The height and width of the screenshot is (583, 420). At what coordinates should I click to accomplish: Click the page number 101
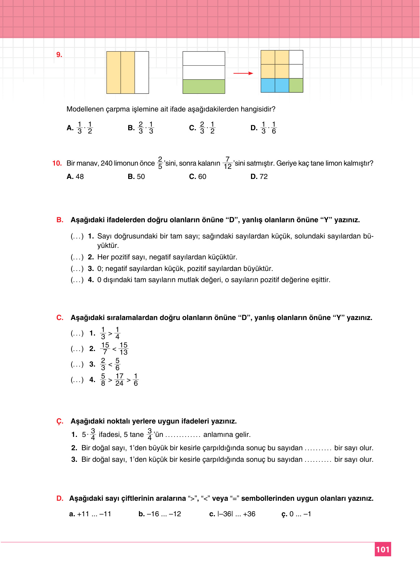click(382, 549)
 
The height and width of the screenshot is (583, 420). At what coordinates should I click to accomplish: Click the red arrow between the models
click(243, 73)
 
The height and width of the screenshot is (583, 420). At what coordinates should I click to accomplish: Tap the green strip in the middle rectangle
click(204, 87)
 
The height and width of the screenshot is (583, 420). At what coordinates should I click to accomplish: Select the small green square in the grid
click(296, 86)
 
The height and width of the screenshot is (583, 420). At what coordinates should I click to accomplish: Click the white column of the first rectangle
click(142, 73)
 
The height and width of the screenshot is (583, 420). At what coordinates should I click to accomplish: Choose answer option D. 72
click(259, 176)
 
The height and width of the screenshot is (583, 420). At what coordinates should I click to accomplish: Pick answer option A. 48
click(75, 176)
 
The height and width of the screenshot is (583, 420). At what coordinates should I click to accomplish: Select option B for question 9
click(141, 128)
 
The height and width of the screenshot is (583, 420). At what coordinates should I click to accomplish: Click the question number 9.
click(59, 55)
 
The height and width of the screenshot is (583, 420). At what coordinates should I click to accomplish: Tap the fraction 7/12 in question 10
click(227, 163)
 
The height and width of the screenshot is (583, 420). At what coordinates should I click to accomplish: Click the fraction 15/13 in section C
click(124, 349)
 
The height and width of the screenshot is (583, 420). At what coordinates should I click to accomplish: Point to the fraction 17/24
click(119, 380)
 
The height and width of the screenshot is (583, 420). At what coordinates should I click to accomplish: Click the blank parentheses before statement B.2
click(77, 257)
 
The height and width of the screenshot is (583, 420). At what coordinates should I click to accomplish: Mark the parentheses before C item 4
click(77, 380)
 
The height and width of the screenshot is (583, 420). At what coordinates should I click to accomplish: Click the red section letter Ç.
click(60, 421)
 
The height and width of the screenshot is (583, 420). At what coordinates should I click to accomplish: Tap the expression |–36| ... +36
click(232, 514)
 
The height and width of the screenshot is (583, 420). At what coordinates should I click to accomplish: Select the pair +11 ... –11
click(90, 514)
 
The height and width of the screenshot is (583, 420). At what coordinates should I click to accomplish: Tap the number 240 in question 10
click(107, 163)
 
